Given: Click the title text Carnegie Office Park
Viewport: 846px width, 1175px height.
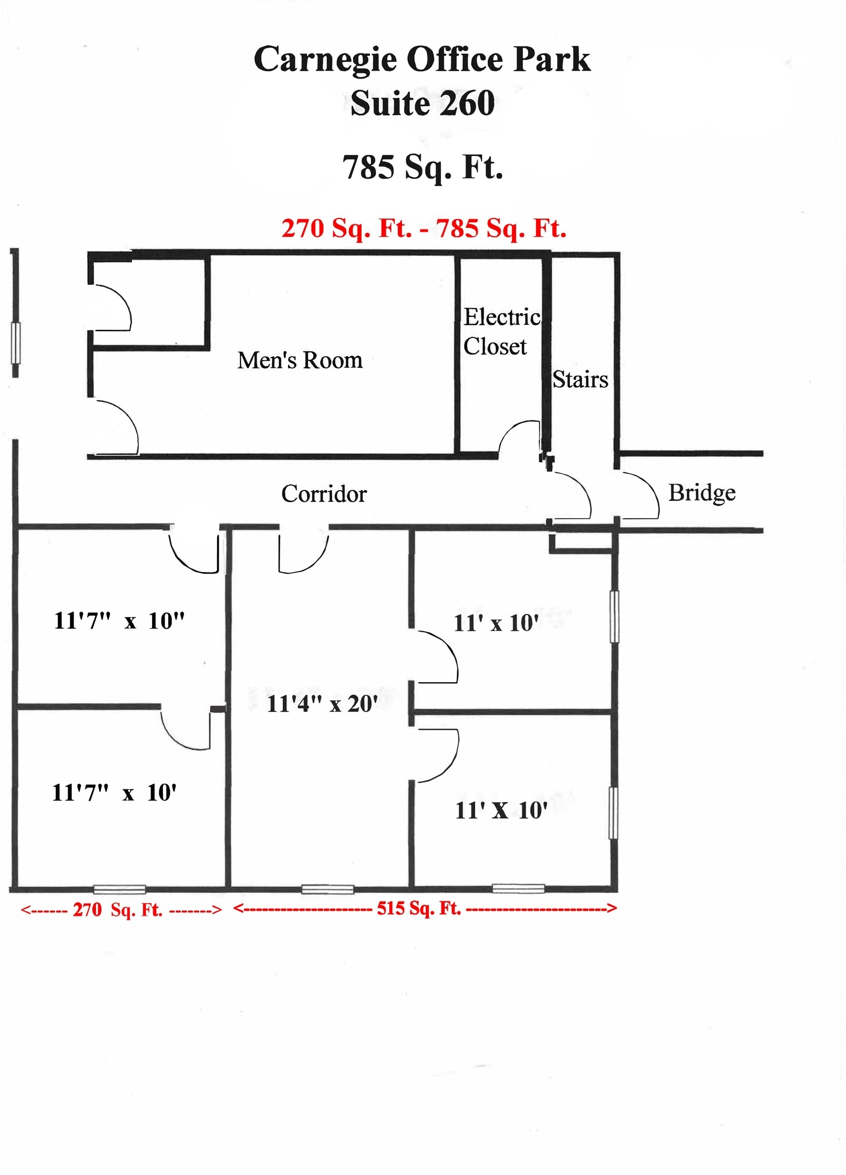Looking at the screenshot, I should click(422, 60).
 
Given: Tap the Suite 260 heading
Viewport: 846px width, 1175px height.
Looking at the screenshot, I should click(422, 104).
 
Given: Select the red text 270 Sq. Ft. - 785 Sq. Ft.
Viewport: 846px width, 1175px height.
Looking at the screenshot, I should click(424, 228).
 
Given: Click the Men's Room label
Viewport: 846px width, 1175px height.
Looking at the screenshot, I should click(300, 360).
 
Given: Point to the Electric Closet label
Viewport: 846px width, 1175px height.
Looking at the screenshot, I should click(501, 332).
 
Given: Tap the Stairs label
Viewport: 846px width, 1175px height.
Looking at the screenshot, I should click(580, 380).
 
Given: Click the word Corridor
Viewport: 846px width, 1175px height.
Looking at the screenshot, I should click(324, 494).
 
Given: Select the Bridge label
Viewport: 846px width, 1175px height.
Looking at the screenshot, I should click(701, 493).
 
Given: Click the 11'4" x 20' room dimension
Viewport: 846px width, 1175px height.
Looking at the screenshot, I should click(322, 703).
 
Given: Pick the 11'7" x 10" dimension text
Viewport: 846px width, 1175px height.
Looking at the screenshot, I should click(119, 621).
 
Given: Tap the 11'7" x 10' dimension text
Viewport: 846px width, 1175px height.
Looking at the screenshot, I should click(114, 793).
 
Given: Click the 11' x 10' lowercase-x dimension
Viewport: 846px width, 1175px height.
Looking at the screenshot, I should click(496, 623).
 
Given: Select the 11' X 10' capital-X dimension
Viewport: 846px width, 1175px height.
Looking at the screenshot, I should click(501, 811).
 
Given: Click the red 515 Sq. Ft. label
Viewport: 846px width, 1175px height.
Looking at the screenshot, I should click(419, 908).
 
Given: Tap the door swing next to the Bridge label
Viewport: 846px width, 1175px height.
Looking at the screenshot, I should click(642, 495).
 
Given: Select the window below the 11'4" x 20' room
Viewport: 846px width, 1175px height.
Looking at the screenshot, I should click(328, 889).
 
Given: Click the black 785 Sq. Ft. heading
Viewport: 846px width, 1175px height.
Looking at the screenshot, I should click(422, 167).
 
